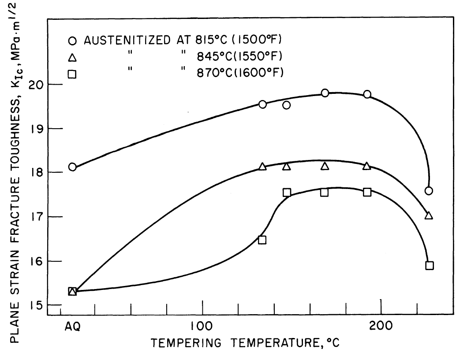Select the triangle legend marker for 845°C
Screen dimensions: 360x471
(73, 57)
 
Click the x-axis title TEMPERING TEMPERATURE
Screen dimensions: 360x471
(245, 343)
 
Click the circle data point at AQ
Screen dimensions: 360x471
(72, 167)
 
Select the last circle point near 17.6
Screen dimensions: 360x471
(429, 191)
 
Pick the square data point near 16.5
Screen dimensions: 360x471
(262, 240)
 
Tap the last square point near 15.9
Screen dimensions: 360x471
(430, 265)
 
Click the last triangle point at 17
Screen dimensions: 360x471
(429, 215)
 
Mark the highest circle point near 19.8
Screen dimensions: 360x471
(325, 93)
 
